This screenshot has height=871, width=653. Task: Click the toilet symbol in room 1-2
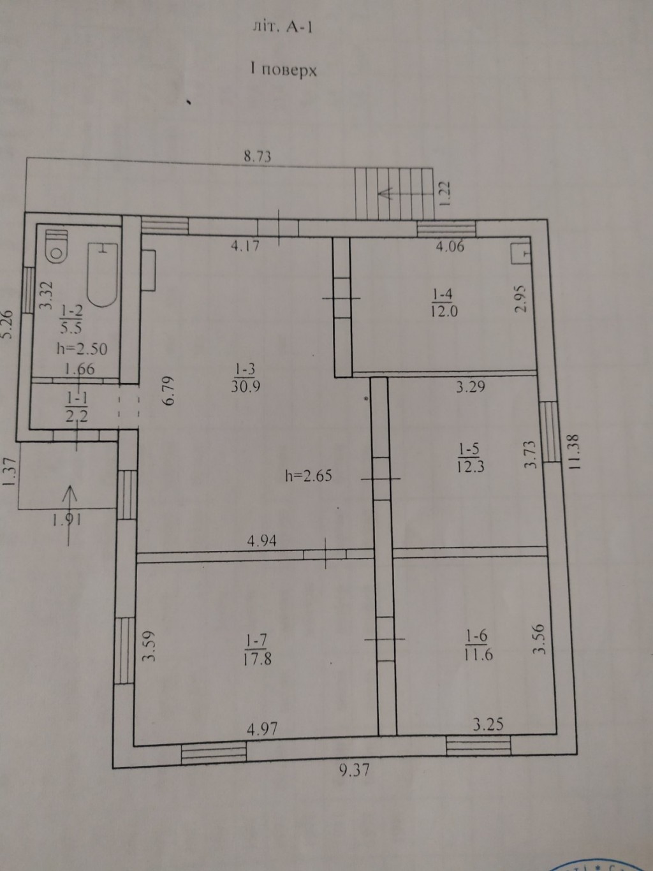[x=57, y=247]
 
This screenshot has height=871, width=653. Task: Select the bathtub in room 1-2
[x=103, y=275]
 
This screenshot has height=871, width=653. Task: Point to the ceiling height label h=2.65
[x=309, y=476]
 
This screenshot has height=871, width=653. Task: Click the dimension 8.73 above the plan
[x=257, y=156]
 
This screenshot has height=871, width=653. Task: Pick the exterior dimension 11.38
[x=575, y=453]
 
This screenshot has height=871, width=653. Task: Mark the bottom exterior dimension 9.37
[x=355, y=770]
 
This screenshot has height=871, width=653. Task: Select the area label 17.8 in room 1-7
[x=257, y=659]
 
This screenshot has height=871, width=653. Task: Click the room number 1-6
[x=477, y=636]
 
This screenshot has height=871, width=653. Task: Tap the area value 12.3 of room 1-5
[x=471, y=466]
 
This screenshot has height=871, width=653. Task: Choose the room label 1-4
[x=443, y=295]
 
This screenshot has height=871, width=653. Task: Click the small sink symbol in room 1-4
[x=521, y=253]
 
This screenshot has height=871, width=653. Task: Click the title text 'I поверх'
[x=283, y=70]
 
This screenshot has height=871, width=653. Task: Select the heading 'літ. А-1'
[x=282, y=27]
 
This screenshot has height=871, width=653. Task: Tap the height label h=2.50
[x=82, y=349]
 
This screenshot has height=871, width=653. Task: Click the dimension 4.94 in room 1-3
[x=261, y=541]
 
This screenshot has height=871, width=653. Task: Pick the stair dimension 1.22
[x=445, y=194]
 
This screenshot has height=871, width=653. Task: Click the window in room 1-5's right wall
[x=550, y=432]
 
